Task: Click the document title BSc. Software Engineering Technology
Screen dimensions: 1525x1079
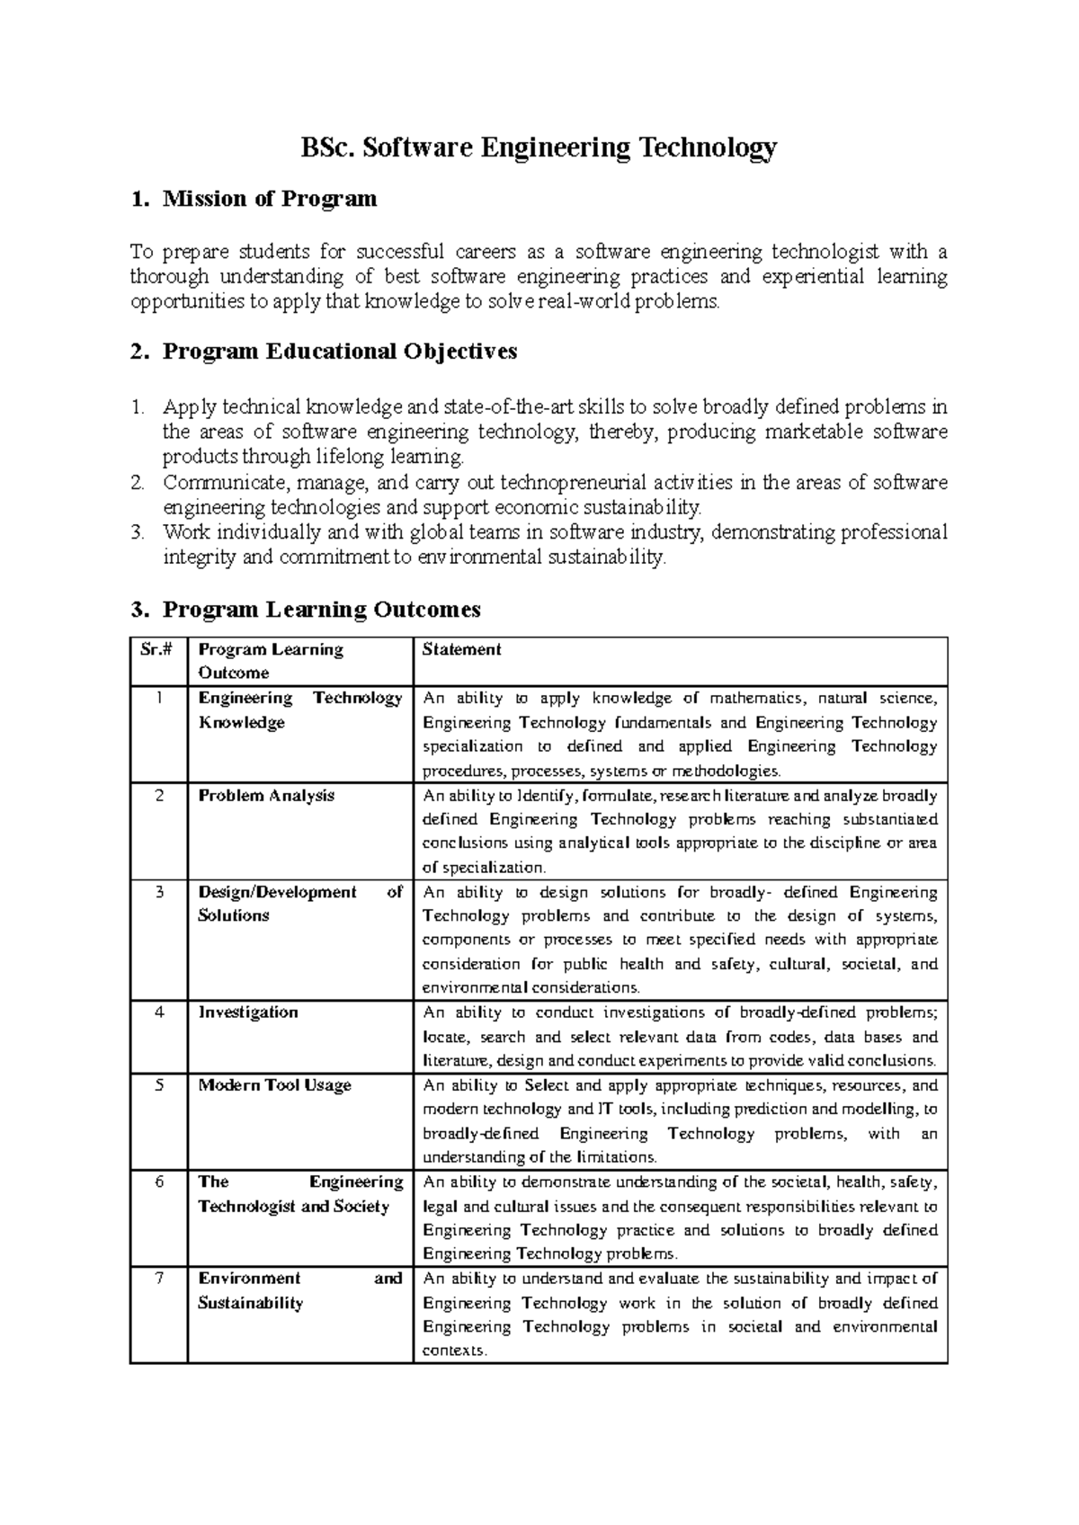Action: tap(538, 148)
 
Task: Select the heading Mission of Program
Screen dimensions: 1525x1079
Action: tap(269, 199)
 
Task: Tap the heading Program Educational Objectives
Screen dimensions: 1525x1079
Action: tap(339, 352)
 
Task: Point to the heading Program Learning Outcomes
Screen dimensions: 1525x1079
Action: tap(321, 610)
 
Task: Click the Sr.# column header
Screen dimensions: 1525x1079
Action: tap(158, 650)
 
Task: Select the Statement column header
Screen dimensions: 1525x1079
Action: tap(461, 650)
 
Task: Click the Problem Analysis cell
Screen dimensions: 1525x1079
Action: tap(266, 796)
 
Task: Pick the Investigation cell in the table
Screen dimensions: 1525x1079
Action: tap(248, 1012)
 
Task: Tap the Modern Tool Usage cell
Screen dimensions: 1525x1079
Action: tap(274, 1085)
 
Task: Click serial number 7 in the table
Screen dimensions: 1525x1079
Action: tap(158, 1279)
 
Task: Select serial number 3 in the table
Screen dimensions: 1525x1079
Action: tap(158, 892)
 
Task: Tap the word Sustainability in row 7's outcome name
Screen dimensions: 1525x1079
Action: tap(250, 1303)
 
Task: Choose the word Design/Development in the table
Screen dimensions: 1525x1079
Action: tap(277, 892)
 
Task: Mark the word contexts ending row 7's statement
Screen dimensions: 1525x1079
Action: tap(453, 1351)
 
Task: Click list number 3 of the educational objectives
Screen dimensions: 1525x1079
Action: tap(137, 532)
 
